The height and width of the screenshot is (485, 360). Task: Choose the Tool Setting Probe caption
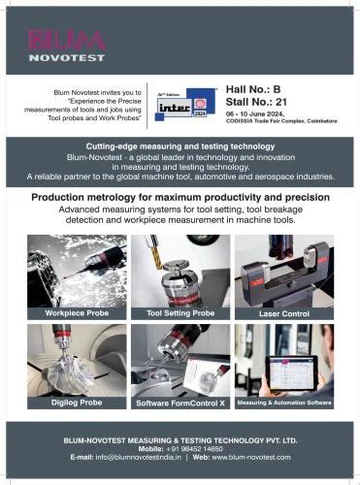click(180, 314)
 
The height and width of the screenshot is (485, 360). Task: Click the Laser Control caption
click(283, 314)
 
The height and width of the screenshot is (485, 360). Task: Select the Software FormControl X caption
click(180, 401)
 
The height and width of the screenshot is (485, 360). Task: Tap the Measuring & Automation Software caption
click(284, 401)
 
